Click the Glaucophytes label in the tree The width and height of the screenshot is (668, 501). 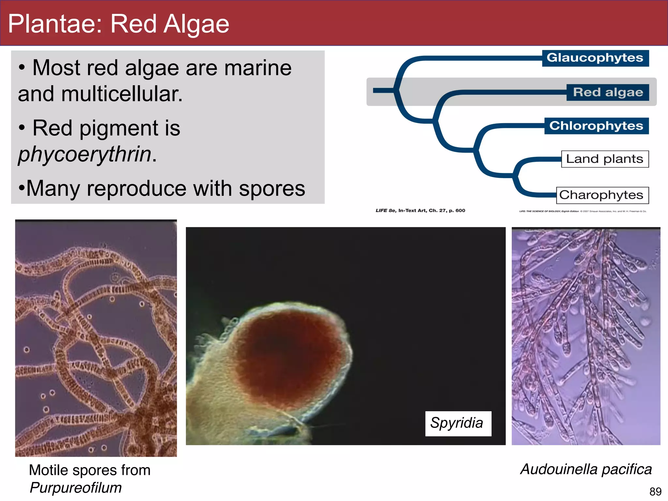(595, 58)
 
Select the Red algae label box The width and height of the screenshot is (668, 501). (608, 92)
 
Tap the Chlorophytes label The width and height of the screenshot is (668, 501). (596, 126)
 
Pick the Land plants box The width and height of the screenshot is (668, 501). (605, 159)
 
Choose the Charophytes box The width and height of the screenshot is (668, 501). (602, 195)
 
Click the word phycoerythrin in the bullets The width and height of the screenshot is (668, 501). (85, 154)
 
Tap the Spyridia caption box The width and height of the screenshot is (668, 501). (458, 423)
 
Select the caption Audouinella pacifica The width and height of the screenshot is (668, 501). (586, 469)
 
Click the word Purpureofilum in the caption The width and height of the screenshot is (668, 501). (76, 488)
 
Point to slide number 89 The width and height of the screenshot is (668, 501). (655, 491)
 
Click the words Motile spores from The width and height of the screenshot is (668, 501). (90, 470)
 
